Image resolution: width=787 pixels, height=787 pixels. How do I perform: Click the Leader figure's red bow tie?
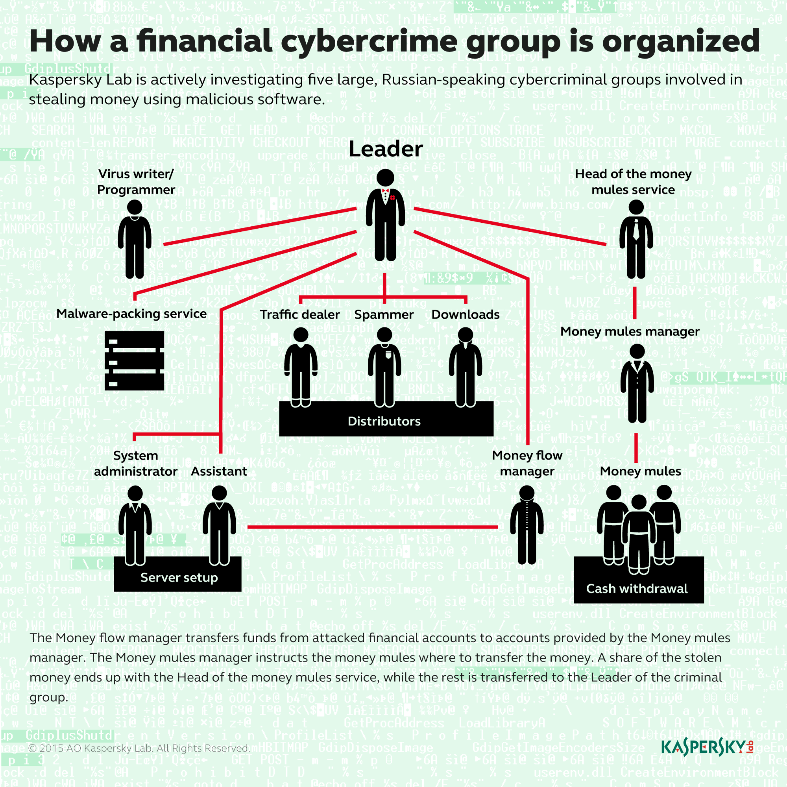pyautogui.click(x=385, y=190)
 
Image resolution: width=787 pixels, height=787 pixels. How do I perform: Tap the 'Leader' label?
pyautogui.click(x=385, y=149)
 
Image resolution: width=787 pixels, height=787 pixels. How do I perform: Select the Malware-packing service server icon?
pyautogui.click(x=135, y=360)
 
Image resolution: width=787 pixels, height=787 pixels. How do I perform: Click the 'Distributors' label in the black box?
pyautogui.click(x=384, y=421)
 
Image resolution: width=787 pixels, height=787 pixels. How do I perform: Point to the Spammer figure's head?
pyautogui.click(x=384, y=335)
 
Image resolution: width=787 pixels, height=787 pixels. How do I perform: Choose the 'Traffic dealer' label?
pyautogui.click(x=300, y=314)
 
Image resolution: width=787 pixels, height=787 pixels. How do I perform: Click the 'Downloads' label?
pyautogui.click(x=465, y=314)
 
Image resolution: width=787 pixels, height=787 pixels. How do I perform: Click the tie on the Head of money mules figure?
pyautogui.click(x=636, y=230)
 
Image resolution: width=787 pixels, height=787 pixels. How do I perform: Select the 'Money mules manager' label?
pyautogui.click(x=630, y=332)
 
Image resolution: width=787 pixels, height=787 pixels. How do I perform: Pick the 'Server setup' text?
pyautogui.click(x=179, y=577)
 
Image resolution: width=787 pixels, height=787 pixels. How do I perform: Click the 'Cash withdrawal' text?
pyautogui.click(x=637, y=588)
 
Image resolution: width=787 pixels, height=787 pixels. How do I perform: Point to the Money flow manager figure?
pyautogui.click(x=527, y=525)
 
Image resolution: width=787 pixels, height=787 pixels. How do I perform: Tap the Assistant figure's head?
pyautogui.click(x=219, y=493)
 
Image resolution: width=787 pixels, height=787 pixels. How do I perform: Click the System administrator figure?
pyautogui.click(x=135, y=525)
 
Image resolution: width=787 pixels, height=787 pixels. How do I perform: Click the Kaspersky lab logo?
pyautogui.click(x=707, y=747)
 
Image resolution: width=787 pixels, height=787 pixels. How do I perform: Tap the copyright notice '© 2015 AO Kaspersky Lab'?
pyautogui.click(x=139, y=748)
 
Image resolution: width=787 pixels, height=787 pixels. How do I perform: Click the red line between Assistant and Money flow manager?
pyautogui.click(x=372, y=527)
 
